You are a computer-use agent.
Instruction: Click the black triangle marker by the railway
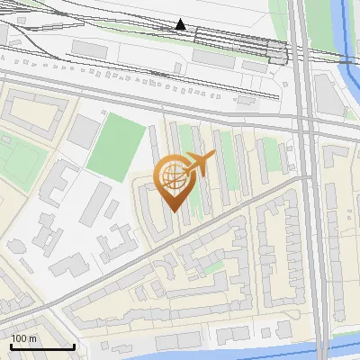point(181,24)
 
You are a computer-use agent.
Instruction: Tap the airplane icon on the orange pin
point(199,165)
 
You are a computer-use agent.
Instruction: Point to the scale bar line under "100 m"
point(42,346)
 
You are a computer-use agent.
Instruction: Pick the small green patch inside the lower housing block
point(212,267)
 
